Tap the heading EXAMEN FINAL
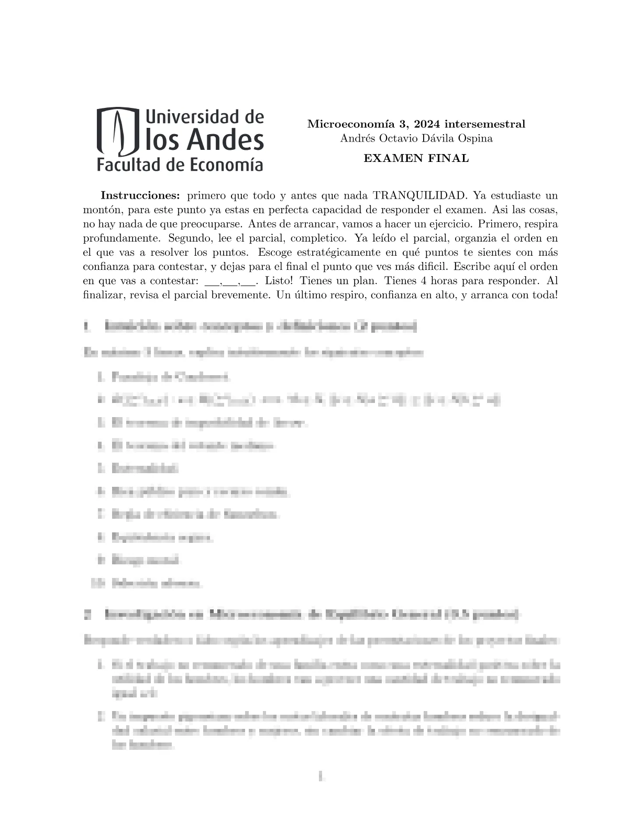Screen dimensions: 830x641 (416, 158)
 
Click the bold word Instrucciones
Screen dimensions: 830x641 (140, 195)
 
